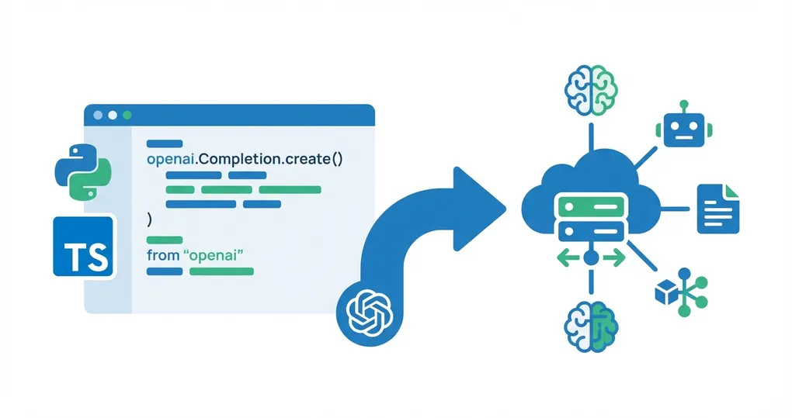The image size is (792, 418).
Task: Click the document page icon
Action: (718, 209)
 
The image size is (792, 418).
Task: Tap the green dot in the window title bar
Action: (127, 115)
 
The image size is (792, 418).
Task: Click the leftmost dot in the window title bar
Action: (98, 115)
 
